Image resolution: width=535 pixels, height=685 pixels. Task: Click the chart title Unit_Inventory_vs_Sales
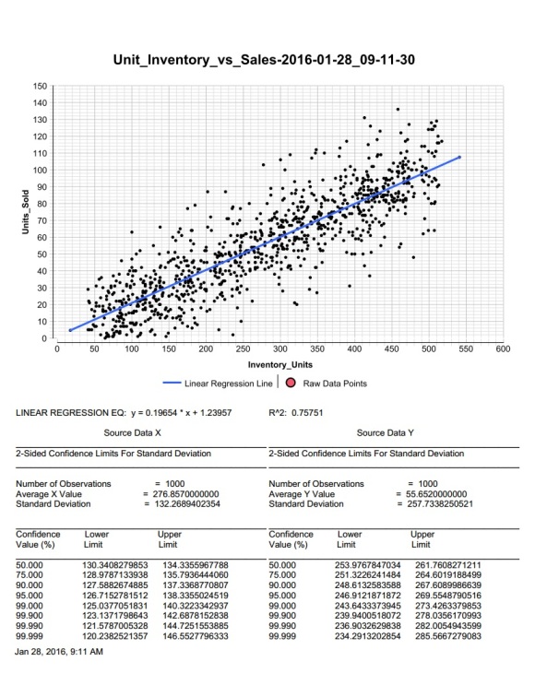click(x=264, y=59)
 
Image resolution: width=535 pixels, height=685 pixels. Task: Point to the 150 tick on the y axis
click(x=40, y=86)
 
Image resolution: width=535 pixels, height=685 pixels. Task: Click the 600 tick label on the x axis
click(x=503, y=348)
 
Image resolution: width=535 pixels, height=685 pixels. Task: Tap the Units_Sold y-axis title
click(x=26, y=212)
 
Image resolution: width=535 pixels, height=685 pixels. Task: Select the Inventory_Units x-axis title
click(x=280, y=365)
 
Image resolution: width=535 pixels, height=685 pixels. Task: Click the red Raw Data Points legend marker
click(x=291, y=384)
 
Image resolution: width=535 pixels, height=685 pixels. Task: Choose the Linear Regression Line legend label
click(x=228, y=384)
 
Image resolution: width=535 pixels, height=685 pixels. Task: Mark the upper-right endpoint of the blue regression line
click(x=459, y=158)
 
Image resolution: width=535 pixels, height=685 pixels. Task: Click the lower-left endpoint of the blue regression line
click(x=70, y=330)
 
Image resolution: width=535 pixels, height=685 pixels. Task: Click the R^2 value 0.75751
click(x=307, y=413)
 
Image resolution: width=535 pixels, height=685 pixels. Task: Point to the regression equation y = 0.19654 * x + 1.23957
click(x=182, y=413)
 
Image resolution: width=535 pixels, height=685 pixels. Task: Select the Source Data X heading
click(x=132, y=433)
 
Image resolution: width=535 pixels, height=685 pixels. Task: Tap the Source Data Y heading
click(x=385, y=433)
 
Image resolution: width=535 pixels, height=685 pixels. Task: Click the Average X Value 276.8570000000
click(x=185, y=494)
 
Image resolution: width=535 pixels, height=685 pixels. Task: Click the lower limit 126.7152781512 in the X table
click(x=115, y=596)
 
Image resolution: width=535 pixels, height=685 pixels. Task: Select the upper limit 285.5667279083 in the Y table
click(x=448, y=636)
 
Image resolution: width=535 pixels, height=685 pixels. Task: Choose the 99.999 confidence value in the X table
click(x=30, y=636)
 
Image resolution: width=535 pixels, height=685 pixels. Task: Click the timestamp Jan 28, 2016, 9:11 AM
click(x=59, y=652)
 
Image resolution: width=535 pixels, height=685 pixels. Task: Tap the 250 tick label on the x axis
click(x=243, y=348)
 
